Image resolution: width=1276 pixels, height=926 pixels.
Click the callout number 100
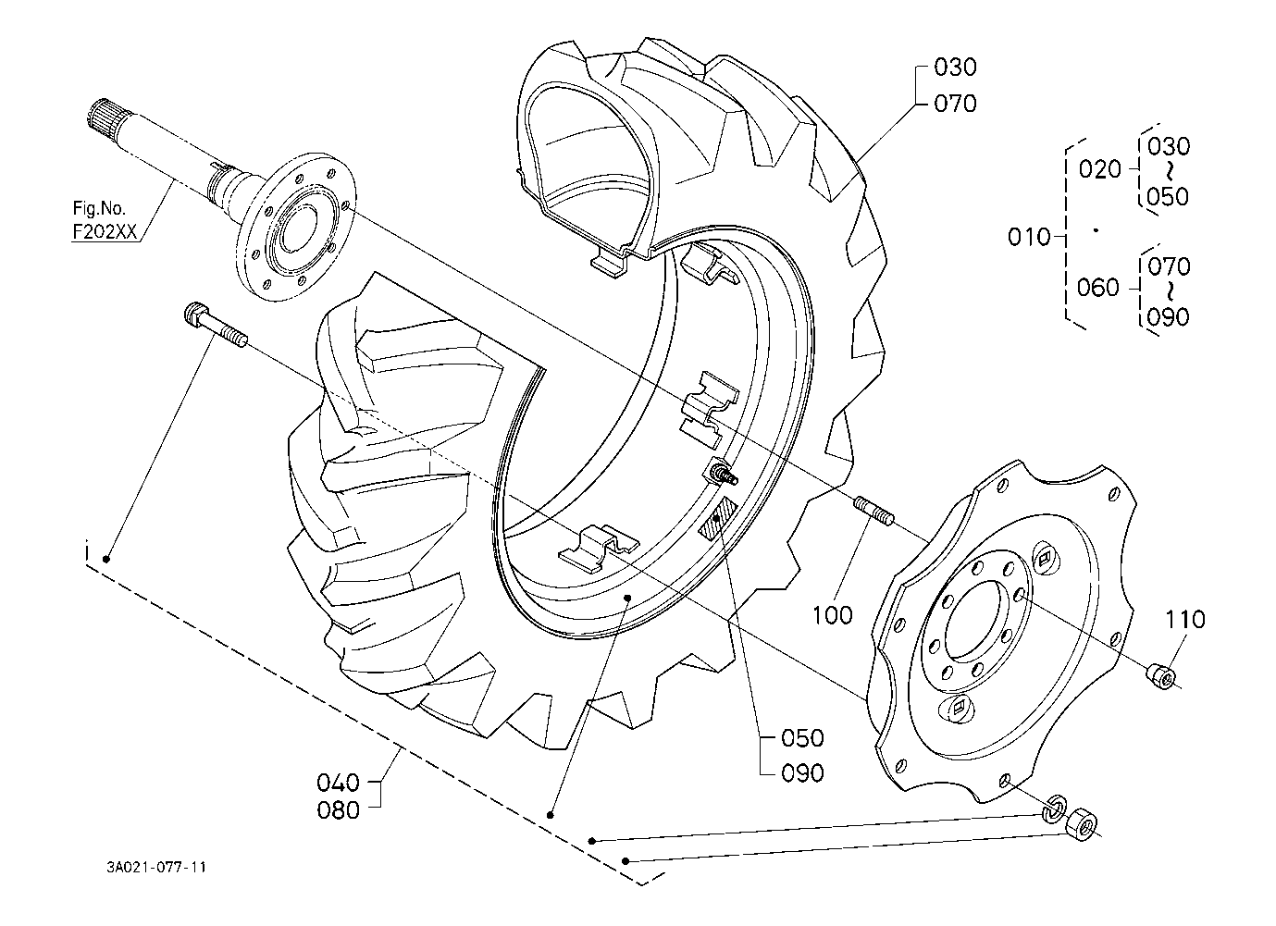pos(833,614)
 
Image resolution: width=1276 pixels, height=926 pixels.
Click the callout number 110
pos(1184,619)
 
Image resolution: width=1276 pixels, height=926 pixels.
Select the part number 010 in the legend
pos(1029,238)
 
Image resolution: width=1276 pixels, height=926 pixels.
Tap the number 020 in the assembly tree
pos(1098,169)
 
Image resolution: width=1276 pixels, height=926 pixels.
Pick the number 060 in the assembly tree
pos(1098,288)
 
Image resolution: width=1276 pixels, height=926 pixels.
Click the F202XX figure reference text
pos(105,233)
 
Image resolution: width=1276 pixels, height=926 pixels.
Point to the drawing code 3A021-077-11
pos(155,868)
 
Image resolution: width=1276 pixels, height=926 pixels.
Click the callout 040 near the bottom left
pos(338,783)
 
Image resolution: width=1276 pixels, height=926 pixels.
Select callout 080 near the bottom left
pos(338,811)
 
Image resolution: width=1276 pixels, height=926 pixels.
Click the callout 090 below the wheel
pos(801,772)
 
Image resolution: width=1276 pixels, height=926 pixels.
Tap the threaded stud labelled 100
pos(875,511)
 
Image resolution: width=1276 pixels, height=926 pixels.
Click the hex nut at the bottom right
pos(1081,822)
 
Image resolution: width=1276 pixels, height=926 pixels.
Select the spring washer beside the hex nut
pos(1052,808)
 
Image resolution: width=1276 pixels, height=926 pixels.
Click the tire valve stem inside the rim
pos(722,473)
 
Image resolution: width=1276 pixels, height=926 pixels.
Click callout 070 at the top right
pos(955,103)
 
